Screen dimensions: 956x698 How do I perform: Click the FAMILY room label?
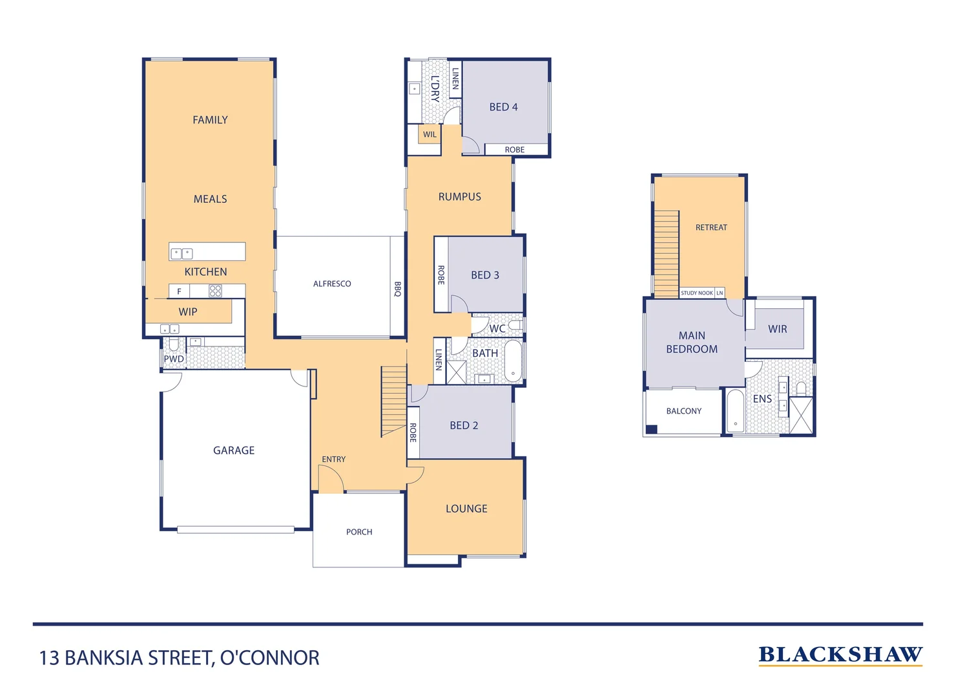tap(210, 120)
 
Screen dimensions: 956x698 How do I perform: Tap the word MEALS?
tap(210, 199)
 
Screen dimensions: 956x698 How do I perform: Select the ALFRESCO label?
tap(332, 284)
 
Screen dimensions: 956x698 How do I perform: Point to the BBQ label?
tap(397, 289)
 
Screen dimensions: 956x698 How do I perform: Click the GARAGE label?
tap(234, 450)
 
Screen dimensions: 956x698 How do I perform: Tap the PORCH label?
tap(359, 532)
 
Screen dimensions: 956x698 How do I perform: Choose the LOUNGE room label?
tap(466, 509)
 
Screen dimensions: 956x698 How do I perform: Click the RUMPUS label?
tap(460, 197)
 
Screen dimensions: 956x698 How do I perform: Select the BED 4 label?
tap(504, 107)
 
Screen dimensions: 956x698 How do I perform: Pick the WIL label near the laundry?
tap(430, 134)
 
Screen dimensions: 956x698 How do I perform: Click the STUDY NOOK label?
tap(697, 293)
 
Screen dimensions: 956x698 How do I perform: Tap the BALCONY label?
tap(683, 411)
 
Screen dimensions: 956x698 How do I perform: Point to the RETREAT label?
tap(711, 227)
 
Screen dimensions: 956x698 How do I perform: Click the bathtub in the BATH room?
tap(513, 361)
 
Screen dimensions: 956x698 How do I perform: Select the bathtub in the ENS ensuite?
tap(735, 410)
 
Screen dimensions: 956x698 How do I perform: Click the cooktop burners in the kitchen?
tap(215, 291)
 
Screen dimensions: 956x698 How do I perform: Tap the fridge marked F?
tap(180, 291)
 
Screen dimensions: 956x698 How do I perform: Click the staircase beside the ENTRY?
tap(393, 401)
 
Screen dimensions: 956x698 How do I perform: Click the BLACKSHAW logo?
tap(840, 656)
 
